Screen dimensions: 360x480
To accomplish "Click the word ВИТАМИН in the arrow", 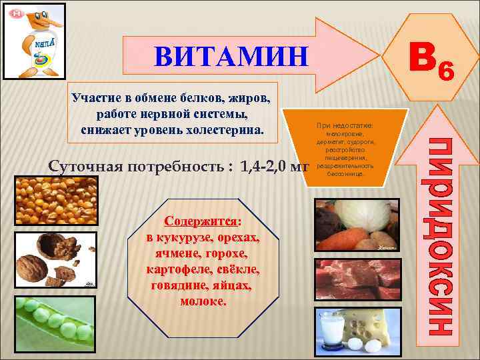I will (231, 57).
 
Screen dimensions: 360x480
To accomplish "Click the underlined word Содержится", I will (201, 221).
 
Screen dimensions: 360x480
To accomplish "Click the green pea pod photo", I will (55, 323).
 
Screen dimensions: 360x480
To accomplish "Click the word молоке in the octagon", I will (203, 301).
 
